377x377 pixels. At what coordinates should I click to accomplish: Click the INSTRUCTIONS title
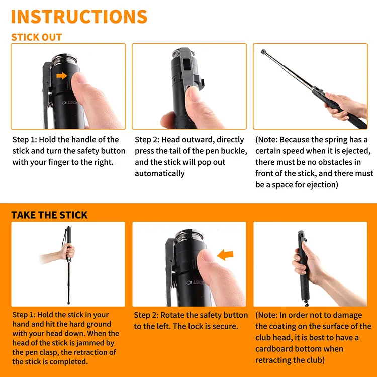79,17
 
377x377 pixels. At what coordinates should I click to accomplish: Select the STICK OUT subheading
37,37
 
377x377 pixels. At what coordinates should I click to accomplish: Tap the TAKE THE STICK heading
49,215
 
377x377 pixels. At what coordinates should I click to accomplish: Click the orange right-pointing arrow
62,76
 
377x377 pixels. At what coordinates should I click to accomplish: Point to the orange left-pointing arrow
225,255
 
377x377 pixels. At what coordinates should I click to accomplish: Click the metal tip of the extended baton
263,52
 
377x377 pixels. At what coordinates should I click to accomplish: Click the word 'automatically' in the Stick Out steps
160,173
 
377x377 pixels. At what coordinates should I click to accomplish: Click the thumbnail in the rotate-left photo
207,255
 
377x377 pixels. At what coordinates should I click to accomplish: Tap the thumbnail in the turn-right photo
80,78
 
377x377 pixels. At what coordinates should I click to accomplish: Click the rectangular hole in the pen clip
186,64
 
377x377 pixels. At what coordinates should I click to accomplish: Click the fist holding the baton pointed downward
68,252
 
